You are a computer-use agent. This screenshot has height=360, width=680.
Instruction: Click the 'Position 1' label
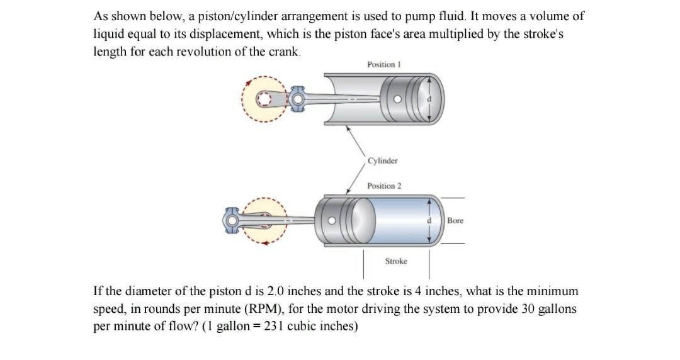click(383, 65)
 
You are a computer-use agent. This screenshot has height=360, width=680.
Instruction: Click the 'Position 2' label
click(384, 186)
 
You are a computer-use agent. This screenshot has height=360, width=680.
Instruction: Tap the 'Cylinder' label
click(383, 161)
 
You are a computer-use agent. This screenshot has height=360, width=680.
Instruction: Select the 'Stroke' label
click(396, 261)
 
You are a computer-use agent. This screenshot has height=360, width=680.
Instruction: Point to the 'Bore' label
click(455, 221)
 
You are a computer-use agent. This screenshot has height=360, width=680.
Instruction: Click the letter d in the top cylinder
click(430, 99)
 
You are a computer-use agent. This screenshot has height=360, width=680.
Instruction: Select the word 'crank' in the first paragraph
click(286, 52)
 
